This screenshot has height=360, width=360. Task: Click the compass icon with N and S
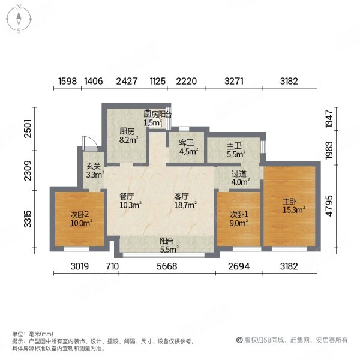click(x=19, y=19)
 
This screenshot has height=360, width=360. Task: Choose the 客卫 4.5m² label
click(x=187, y=147)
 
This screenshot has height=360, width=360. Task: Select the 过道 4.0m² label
click(x=239, y=178)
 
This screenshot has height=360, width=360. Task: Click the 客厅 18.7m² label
click(x=184, y=201)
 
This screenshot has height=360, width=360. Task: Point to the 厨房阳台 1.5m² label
click(x=157, y=118)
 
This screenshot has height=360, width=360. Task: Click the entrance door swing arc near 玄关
click(x=88, y=143)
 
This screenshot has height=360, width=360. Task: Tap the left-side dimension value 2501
click(x=22, y=129)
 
